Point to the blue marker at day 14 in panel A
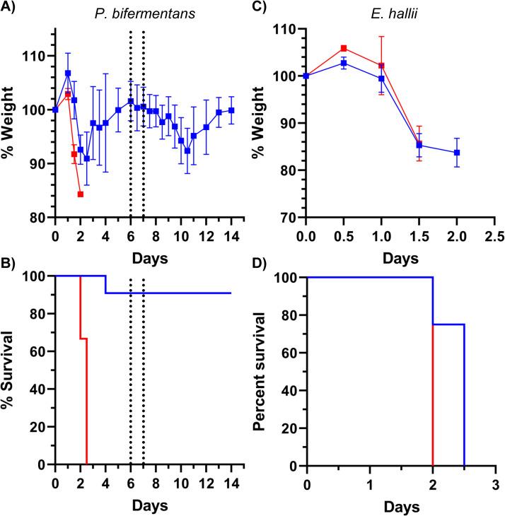231,110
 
